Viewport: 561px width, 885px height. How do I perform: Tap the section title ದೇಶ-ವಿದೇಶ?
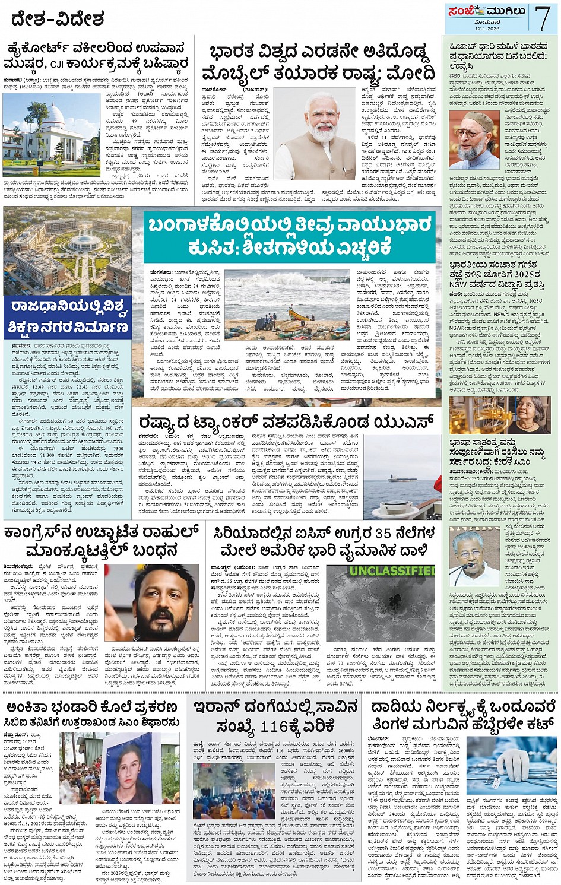[x=58, y=20]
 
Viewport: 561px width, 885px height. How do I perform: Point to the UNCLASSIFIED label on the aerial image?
[x=392, y=571]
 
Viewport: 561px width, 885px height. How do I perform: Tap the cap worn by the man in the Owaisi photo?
[x=479, y=119]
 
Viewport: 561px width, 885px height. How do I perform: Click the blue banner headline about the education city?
[x=68, y=317]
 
